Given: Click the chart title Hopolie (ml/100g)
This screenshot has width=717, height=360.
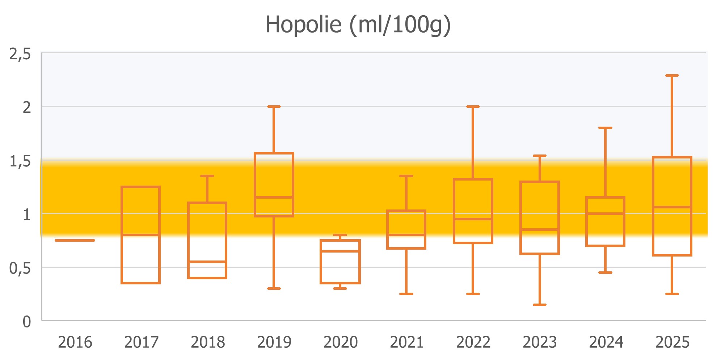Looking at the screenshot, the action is point(358,25).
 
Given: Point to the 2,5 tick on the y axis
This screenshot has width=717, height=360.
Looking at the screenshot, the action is point(20,54).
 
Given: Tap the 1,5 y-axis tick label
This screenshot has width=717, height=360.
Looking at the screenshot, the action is point(20,161).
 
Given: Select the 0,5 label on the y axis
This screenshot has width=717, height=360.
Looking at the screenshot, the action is point(20,268).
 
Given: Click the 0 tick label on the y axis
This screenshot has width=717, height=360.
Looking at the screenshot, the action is point(27,322).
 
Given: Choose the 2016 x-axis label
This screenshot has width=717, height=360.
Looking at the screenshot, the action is point(75,342).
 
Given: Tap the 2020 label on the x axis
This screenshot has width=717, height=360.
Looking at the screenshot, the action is point(340,342).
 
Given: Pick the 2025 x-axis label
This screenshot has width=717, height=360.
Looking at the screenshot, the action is point(672,342).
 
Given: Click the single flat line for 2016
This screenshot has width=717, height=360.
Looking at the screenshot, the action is point(75,240).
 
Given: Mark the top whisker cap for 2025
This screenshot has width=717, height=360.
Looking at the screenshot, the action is point(672,76).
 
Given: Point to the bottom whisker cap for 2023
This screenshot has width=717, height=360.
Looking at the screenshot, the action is point(540,305).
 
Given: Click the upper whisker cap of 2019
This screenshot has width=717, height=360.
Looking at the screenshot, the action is point(274,107).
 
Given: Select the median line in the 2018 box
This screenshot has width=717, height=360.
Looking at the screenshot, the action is point(207,262).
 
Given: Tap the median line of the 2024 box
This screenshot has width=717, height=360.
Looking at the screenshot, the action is point(606,213).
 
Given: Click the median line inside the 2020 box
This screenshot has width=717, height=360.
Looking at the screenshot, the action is point(340,251).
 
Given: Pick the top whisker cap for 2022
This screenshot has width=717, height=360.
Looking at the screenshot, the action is point(473,107).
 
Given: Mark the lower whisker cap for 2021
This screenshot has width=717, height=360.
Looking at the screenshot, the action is point(406,294).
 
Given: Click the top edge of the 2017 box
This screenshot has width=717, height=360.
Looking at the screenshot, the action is point(141,187).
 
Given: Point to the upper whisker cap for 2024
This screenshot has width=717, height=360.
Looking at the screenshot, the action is point(606,128).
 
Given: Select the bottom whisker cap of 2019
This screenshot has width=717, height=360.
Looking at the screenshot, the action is point(274,288).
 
